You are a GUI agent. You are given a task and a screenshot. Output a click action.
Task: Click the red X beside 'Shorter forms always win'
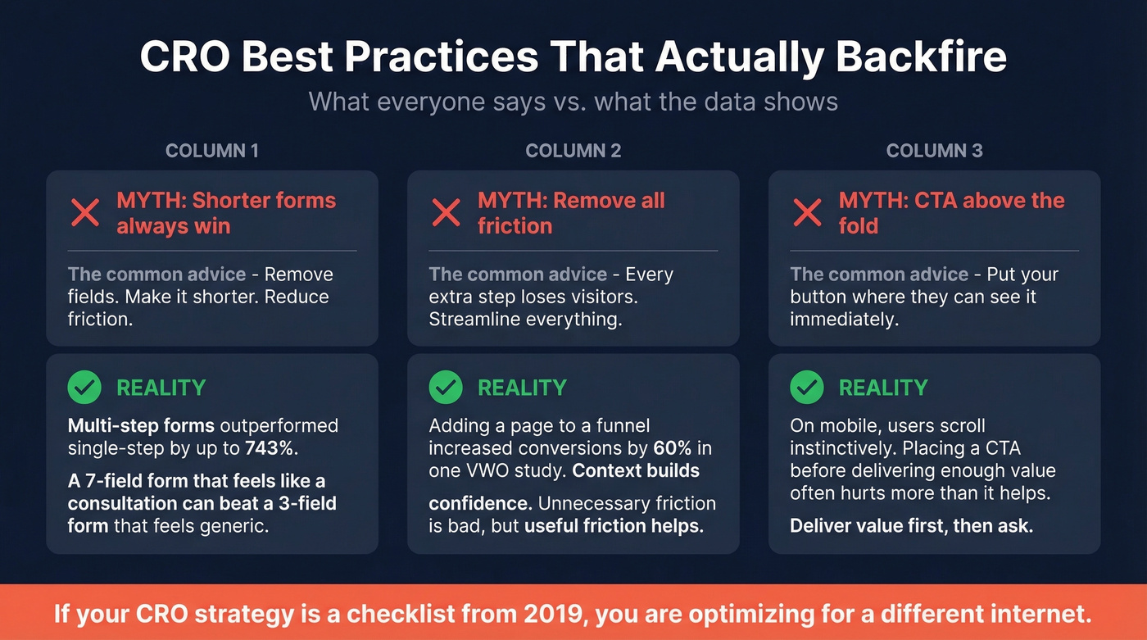(x=85, y=213)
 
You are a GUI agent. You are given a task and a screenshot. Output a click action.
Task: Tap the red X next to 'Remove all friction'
(x=447, y=213)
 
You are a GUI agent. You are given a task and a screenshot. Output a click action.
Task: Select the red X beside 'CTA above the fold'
(x=808, y=213)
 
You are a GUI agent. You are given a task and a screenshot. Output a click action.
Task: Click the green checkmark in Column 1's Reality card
(x=85, y=387)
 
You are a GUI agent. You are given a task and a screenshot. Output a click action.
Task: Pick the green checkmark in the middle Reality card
(x=447, y=387)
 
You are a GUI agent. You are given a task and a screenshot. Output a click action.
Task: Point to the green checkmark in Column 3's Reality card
(x=808, y=387)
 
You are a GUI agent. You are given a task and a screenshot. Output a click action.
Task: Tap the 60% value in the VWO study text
(x=670, y=448)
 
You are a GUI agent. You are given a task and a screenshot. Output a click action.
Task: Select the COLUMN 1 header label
(x=212, y=151)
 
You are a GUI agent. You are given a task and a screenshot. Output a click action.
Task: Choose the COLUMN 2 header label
(x=573, y=151)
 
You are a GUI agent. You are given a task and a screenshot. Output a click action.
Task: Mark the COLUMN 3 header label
(x=935, y=151)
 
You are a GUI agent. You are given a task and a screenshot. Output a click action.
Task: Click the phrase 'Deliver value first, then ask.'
(x=911, y=525)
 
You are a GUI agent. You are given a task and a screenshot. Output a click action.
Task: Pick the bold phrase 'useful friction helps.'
(x=614, y=525)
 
